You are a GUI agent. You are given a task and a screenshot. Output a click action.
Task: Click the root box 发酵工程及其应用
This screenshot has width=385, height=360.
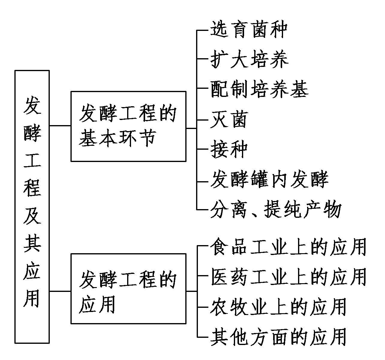tap(32, 206)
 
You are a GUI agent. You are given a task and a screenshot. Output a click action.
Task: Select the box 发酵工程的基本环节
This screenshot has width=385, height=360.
tap(128, 126)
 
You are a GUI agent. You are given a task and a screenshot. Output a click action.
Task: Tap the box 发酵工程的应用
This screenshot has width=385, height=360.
tap(128, 288)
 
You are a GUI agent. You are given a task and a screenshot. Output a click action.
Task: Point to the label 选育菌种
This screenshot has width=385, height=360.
tap(249, 29)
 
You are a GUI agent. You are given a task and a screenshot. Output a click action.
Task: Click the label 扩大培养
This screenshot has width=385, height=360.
tap(249, 59)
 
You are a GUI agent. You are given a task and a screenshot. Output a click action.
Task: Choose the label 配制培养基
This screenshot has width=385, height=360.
tap(259, 89)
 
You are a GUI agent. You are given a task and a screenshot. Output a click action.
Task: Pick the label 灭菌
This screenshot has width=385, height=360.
tap(229, 119)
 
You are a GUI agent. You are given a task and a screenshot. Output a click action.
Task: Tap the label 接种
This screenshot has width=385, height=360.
tap(229, 149)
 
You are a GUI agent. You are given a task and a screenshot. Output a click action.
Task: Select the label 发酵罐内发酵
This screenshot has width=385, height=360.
tap(269, 179)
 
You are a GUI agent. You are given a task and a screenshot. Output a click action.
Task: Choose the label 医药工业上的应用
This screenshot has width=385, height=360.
tap(288, 277)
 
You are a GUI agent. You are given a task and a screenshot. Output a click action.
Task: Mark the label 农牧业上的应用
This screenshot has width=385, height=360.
tap(279, 307)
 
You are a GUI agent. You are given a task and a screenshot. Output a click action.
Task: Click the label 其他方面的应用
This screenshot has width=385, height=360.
tap(279, 336)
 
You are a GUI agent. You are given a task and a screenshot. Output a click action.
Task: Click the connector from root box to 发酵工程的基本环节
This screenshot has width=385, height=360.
tap(60, 126)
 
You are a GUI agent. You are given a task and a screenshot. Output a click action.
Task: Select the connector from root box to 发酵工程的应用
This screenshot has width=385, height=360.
tap(60, 291)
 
